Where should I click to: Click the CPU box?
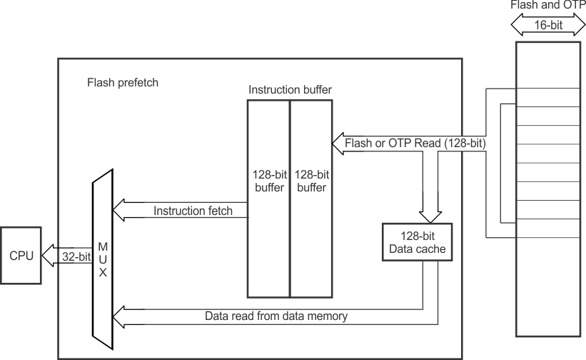(x=21, y=255)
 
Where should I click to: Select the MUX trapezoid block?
(x=103, y=255)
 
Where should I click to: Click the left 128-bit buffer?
(x=268, y=198)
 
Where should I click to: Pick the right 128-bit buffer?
(x=310, y=198)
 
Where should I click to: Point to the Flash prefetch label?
(x=123, y=82)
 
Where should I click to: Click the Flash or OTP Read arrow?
(x=414, y=144)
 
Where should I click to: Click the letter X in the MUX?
(x=103, y=271)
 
